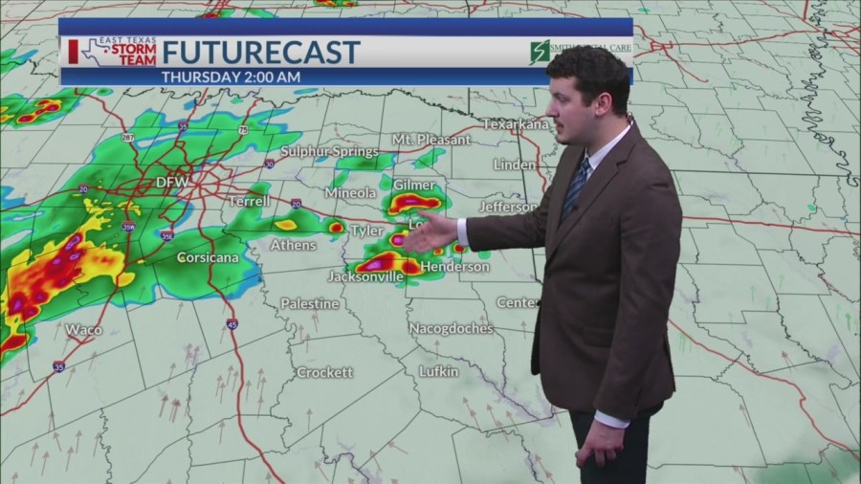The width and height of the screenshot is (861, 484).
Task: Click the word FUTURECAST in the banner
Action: point(260,52)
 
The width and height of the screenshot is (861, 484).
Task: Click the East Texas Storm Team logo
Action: point(110,52)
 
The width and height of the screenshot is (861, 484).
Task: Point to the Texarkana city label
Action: point(516,124)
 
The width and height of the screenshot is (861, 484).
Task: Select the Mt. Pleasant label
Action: point(430,140)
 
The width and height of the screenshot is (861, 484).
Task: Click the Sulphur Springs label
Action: point(328,152)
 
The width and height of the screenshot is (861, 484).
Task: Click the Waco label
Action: point(83,330)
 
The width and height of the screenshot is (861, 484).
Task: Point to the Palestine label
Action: point(309,303)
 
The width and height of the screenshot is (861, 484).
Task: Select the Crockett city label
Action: point(324,372)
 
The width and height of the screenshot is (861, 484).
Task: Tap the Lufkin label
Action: point(438,371)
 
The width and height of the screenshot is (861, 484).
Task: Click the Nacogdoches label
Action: point(451,328)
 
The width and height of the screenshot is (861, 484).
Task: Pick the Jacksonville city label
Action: point(365,276)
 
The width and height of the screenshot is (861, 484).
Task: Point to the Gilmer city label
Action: point(413,185)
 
